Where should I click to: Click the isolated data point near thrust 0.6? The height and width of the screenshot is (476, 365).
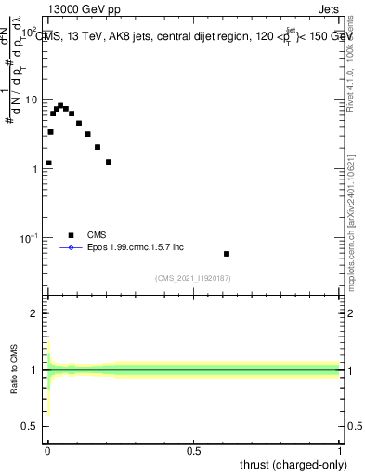tap(227, 254)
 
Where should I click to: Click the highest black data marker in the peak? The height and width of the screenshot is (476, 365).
tap(60, 106)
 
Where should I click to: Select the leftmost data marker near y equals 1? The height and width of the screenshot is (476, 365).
tap(48, 163)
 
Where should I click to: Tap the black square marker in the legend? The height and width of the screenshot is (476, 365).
tap(71, 235)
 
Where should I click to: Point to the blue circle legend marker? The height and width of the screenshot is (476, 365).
tap(71, 248)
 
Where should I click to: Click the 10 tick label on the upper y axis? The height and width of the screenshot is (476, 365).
tap(32, 99)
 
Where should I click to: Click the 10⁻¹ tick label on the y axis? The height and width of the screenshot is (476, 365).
tap(29, 239)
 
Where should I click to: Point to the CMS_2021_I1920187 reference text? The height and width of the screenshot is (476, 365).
tap(193, 277)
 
